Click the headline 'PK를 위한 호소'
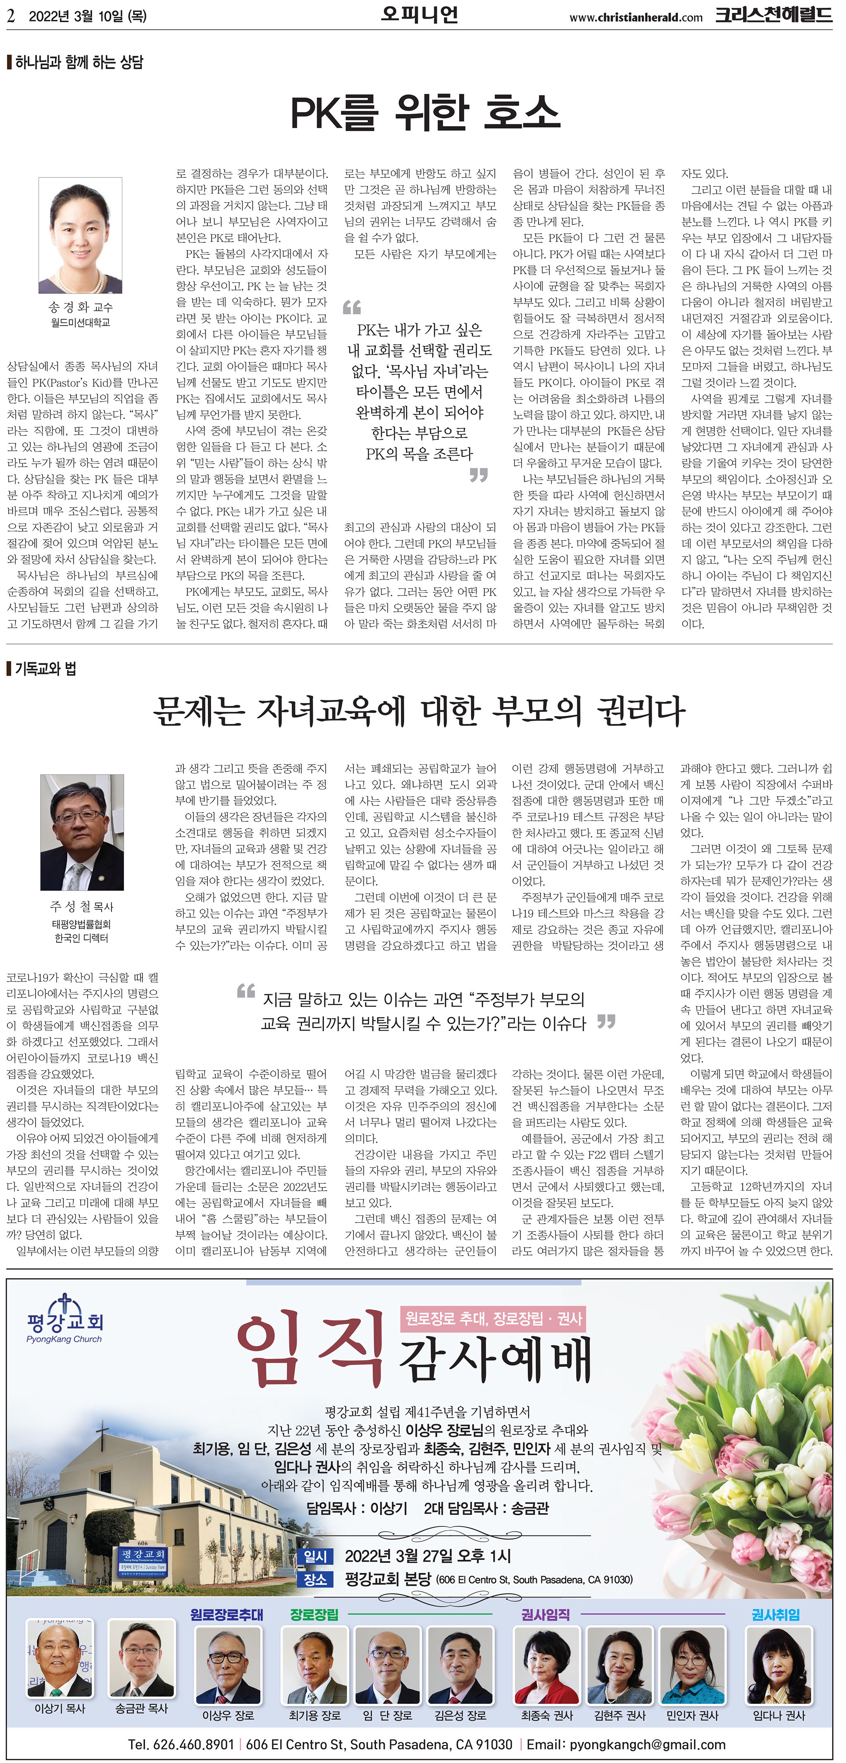425,113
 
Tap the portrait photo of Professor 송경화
80,235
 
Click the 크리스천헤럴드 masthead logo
774,15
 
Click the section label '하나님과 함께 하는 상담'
79,62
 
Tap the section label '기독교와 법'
45,669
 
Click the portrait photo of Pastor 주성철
82,832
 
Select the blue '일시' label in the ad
315,1556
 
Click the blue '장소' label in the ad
315,1579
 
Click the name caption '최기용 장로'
315,1715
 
